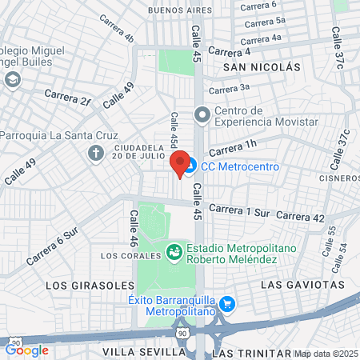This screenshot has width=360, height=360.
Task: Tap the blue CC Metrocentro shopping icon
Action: [190, 166]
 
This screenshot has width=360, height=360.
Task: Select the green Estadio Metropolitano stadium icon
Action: [174, 254]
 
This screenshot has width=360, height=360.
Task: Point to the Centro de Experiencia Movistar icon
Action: [202, 115]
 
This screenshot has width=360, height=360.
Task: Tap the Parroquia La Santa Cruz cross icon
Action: [96, 152]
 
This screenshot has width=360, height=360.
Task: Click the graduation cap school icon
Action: [12, 79]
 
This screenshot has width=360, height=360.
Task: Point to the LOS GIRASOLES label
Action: [78, 285]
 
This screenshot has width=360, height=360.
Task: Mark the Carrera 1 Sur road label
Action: [242, 211]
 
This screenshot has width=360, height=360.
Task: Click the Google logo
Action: [26, 350]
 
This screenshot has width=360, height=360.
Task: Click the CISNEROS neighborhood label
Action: [341, 178]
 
